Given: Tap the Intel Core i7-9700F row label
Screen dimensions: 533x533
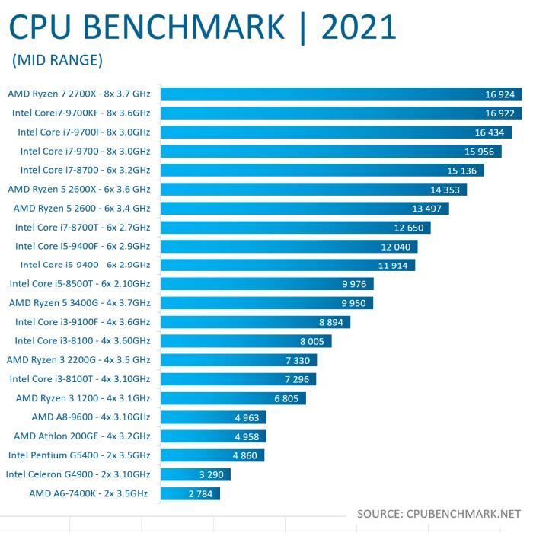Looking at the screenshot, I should pos(84,132).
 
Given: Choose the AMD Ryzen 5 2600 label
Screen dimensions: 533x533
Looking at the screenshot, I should pos(82,208).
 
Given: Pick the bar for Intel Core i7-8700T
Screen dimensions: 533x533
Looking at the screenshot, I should pos(296,227).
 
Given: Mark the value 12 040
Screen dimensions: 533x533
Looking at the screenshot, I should pos(396,246).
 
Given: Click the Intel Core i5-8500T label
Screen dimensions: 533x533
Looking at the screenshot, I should pos(80,284).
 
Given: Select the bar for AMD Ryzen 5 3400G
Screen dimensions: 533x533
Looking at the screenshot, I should pos(267,303).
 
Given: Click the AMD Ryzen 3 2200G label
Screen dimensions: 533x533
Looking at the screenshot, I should pos(78,360).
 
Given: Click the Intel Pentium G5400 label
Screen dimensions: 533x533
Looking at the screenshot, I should pos(79,455).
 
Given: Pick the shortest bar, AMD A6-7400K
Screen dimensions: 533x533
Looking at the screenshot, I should pos(190,493).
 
